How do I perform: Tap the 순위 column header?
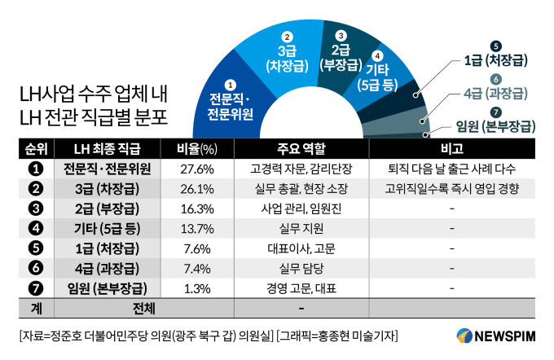36,148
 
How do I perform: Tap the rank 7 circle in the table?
36,288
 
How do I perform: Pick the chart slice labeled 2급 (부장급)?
341,52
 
